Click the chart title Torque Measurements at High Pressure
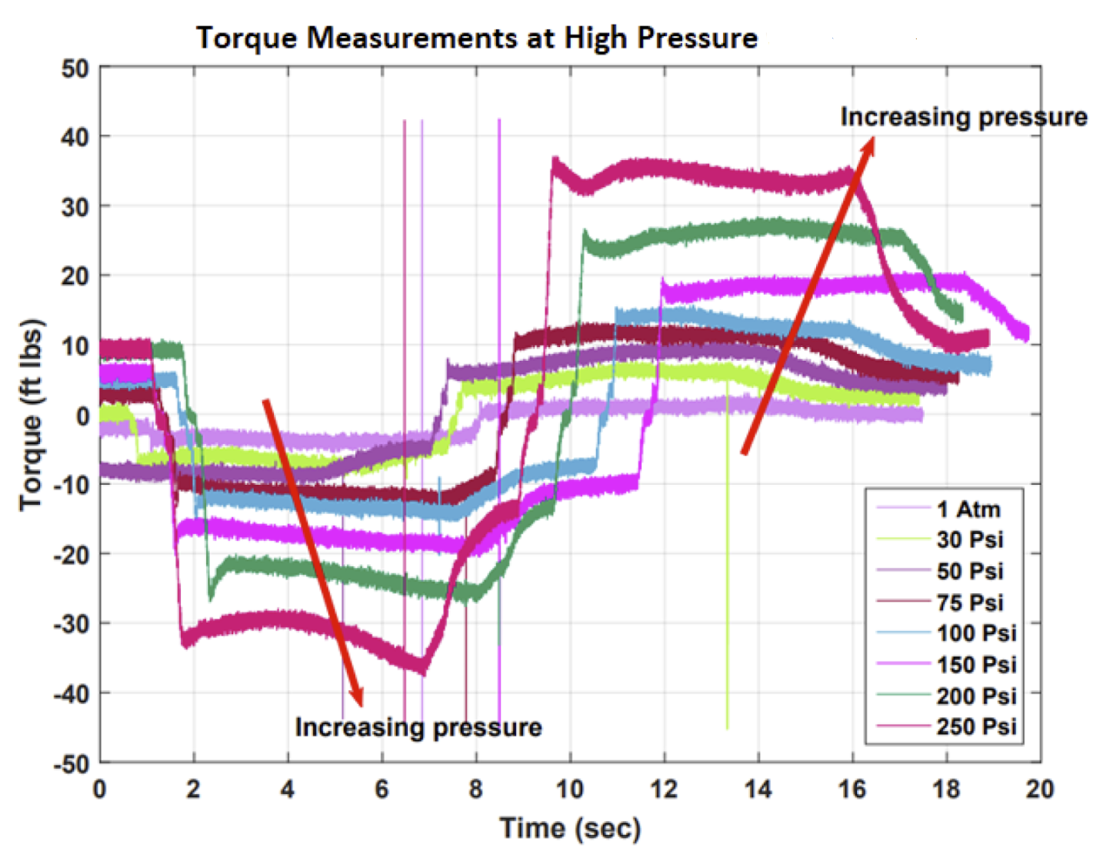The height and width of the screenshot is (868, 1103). (477, 38)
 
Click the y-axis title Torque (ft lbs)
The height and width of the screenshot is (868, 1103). (32, 414)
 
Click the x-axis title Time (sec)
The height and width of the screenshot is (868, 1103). (570, 828)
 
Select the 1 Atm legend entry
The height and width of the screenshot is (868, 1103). (968, 509)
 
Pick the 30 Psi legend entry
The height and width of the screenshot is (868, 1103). (969, 540)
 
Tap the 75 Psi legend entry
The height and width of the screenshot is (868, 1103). (969, 603)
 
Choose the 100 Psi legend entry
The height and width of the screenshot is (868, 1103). (976, 633)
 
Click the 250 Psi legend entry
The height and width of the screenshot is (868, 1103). (976, 726)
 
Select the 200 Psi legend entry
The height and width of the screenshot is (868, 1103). (976, 696)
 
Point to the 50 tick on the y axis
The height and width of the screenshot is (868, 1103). (75, 68)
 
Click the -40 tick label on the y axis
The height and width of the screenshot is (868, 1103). (71, 693)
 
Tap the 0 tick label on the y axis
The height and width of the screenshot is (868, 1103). (82, 416)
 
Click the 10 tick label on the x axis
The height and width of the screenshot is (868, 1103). (570, 789)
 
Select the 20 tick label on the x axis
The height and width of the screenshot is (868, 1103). (1039, 789)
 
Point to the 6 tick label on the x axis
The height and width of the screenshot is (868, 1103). (382, 789)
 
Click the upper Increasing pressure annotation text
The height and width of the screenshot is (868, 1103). (963, 117)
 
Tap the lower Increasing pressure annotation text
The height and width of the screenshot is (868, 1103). (418, 727)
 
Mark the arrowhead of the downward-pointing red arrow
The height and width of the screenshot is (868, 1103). (357, 699)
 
